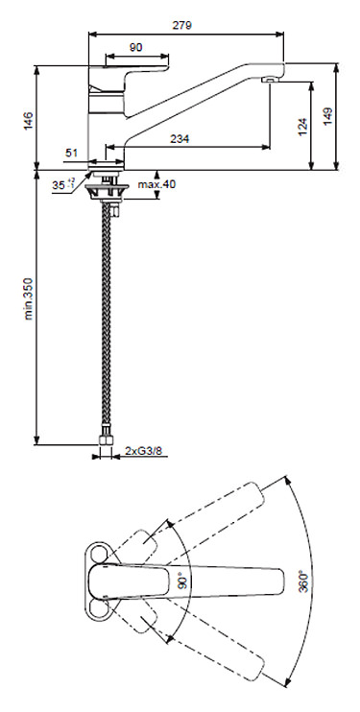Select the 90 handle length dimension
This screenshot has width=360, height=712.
click(x=136, y=47)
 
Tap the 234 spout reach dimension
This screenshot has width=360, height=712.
click(x=179, y=139)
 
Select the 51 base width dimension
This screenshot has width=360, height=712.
click(x=73, y=152)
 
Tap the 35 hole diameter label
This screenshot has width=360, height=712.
click(x=61, y=184)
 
